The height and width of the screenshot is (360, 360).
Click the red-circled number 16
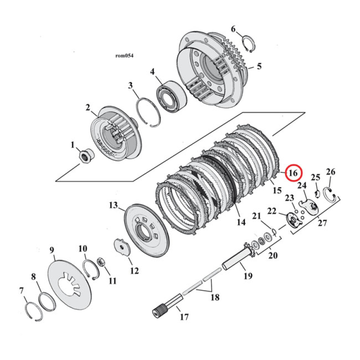[293, 173]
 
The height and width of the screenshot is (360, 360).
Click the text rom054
[124, 56]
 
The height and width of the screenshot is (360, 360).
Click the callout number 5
[259, 67]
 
